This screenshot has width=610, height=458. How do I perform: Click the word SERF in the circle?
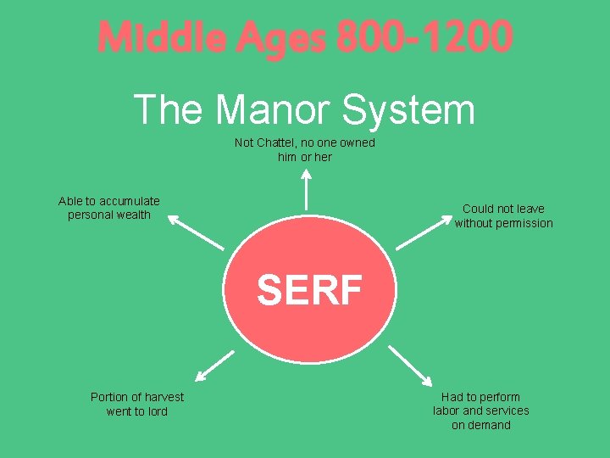click(x=309, y=290)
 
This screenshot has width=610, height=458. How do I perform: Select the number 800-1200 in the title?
click(x=424, y=37)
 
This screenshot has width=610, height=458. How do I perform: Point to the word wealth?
click(x=133, y=215)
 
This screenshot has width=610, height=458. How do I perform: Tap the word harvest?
click(x=161, y=397)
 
